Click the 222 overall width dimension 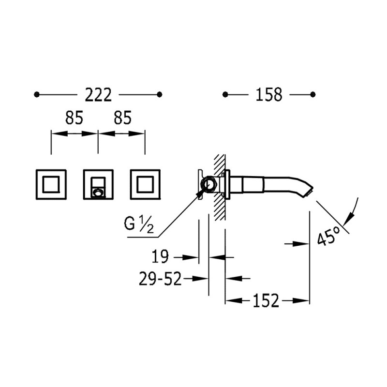[x=98, y=95]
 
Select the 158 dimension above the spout [x=269, y=95]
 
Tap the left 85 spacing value [x=74, y=118]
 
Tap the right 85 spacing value [x=123, y=118]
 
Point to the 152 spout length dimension [x=266, y=300]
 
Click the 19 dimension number [x=160, y=256]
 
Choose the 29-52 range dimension [x=160, y=279]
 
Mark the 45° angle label [x=328, y=236]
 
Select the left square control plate [x=51, y=184]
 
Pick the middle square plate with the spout [x=98, y=184]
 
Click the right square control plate [x=145, y=184]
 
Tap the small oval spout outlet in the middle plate [x=98, y=192]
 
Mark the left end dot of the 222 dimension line [x=37, y=94]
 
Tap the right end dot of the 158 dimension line [x=313, y=94]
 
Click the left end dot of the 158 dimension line [x=225, y=94]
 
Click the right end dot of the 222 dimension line [x=160, y=94]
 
